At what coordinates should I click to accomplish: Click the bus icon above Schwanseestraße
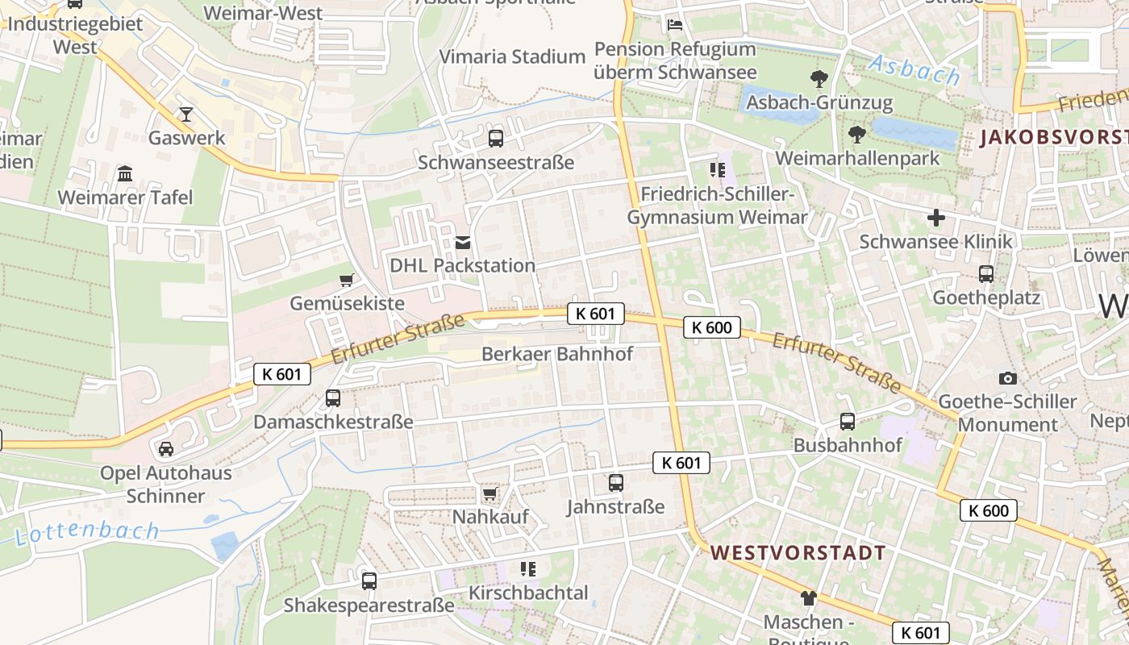(495, 138)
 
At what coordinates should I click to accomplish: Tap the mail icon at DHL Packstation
(463, 241)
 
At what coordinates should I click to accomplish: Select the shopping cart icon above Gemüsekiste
(347, 280)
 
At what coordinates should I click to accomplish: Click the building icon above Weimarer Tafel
(125, 173)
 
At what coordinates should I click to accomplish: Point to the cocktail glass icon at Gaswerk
(186, 114)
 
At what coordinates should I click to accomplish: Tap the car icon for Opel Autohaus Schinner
(165, 449)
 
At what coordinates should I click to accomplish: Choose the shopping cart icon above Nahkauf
(490, 493)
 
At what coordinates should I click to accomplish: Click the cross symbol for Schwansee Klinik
(935, 218)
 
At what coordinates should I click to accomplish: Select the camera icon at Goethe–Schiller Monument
(1007, 378)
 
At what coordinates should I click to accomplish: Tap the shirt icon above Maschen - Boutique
(808, 598)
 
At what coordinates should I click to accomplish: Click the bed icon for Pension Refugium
(675, 24)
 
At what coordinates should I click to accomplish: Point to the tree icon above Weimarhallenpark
(856, 135)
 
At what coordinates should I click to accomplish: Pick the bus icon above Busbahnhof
(848, 422)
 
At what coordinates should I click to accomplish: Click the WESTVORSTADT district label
(798, 553)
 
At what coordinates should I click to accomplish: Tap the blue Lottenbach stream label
(87, 532)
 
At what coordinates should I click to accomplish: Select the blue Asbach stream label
(915, 70)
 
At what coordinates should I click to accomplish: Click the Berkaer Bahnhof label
(557, 354)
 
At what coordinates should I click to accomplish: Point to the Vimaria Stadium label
(512, 56)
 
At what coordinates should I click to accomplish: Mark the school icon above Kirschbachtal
(528, 569)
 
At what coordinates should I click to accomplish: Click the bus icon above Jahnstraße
(616, 483)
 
